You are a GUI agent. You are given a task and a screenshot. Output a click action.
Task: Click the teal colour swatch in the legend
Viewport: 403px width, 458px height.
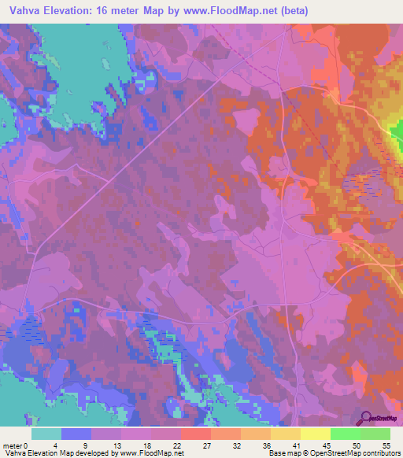(46, 434)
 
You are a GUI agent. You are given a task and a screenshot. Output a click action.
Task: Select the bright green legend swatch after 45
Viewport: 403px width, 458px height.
(345, 434)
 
